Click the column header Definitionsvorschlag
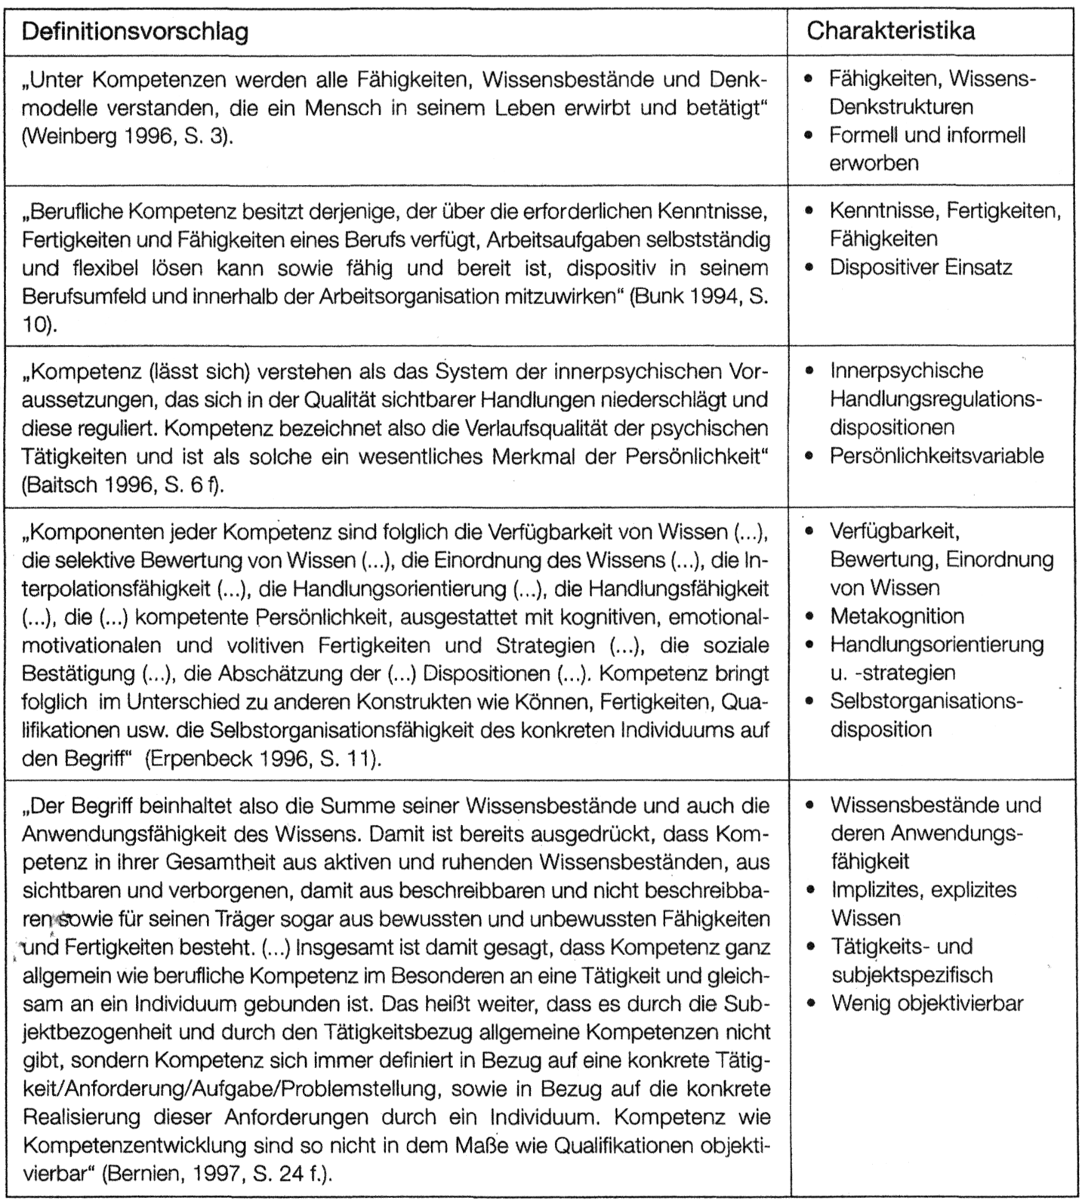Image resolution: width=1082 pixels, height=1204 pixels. coord(135,31)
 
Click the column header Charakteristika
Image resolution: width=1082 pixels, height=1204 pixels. coord(890,31)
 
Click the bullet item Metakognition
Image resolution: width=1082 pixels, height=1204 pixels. coord(897,616)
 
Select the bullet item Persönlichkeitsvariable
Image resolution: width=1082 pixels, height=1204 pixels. coord(936,456)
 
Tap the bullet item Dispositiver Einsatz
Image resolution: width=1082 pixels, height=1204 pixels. coord(920,267)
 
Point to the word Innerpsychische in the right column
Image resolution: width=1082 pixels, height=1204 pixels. coord(906,371)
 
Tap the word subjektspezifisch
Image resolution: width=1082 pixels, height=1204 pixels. coord(911,975)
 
